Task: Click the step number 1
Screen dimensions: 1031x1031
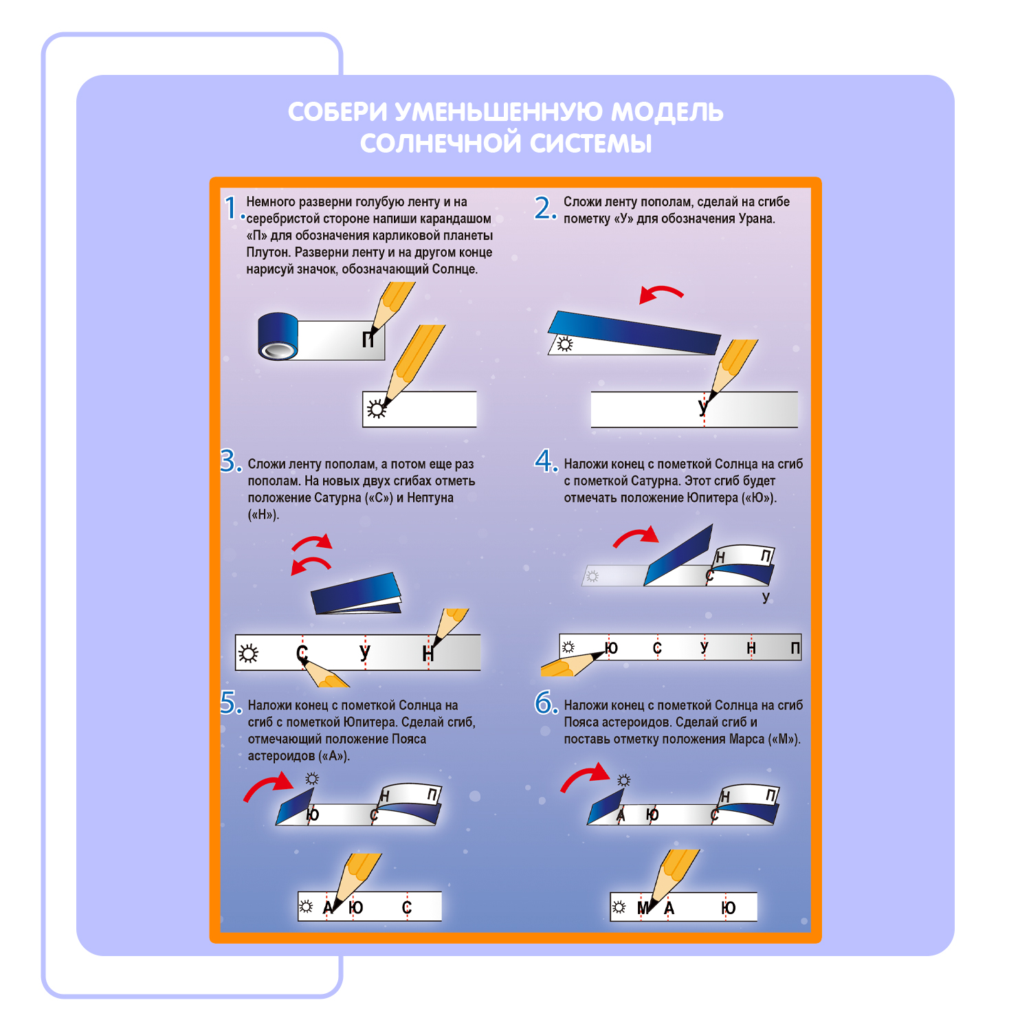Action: point(232,208)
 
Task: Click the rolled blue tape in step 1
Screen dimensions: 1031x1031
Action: point(278,336)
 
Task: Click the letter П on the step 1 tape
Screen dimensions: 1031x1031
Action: point(369,339)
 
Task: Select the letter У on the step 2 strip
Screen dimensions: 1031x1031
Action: point(702,407)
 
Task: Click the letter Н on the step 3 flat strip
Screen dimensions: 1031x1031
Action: point(428,654)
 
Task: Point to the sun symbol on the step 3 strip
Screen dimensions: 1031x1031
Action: point(248,653)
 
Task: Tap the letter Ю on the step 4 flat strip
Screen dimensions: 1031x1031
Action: point(611,647)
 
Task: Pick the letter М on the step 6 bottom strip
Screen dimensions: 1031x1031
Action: point(643,908)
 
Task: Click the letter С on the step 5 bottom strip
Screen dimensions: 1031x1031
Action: point(406,908)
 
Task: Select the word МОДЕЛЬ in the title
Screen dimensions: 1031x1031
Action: point(667,112)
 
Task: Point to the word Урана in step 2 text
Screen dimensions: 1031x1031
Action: point(757,219)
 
